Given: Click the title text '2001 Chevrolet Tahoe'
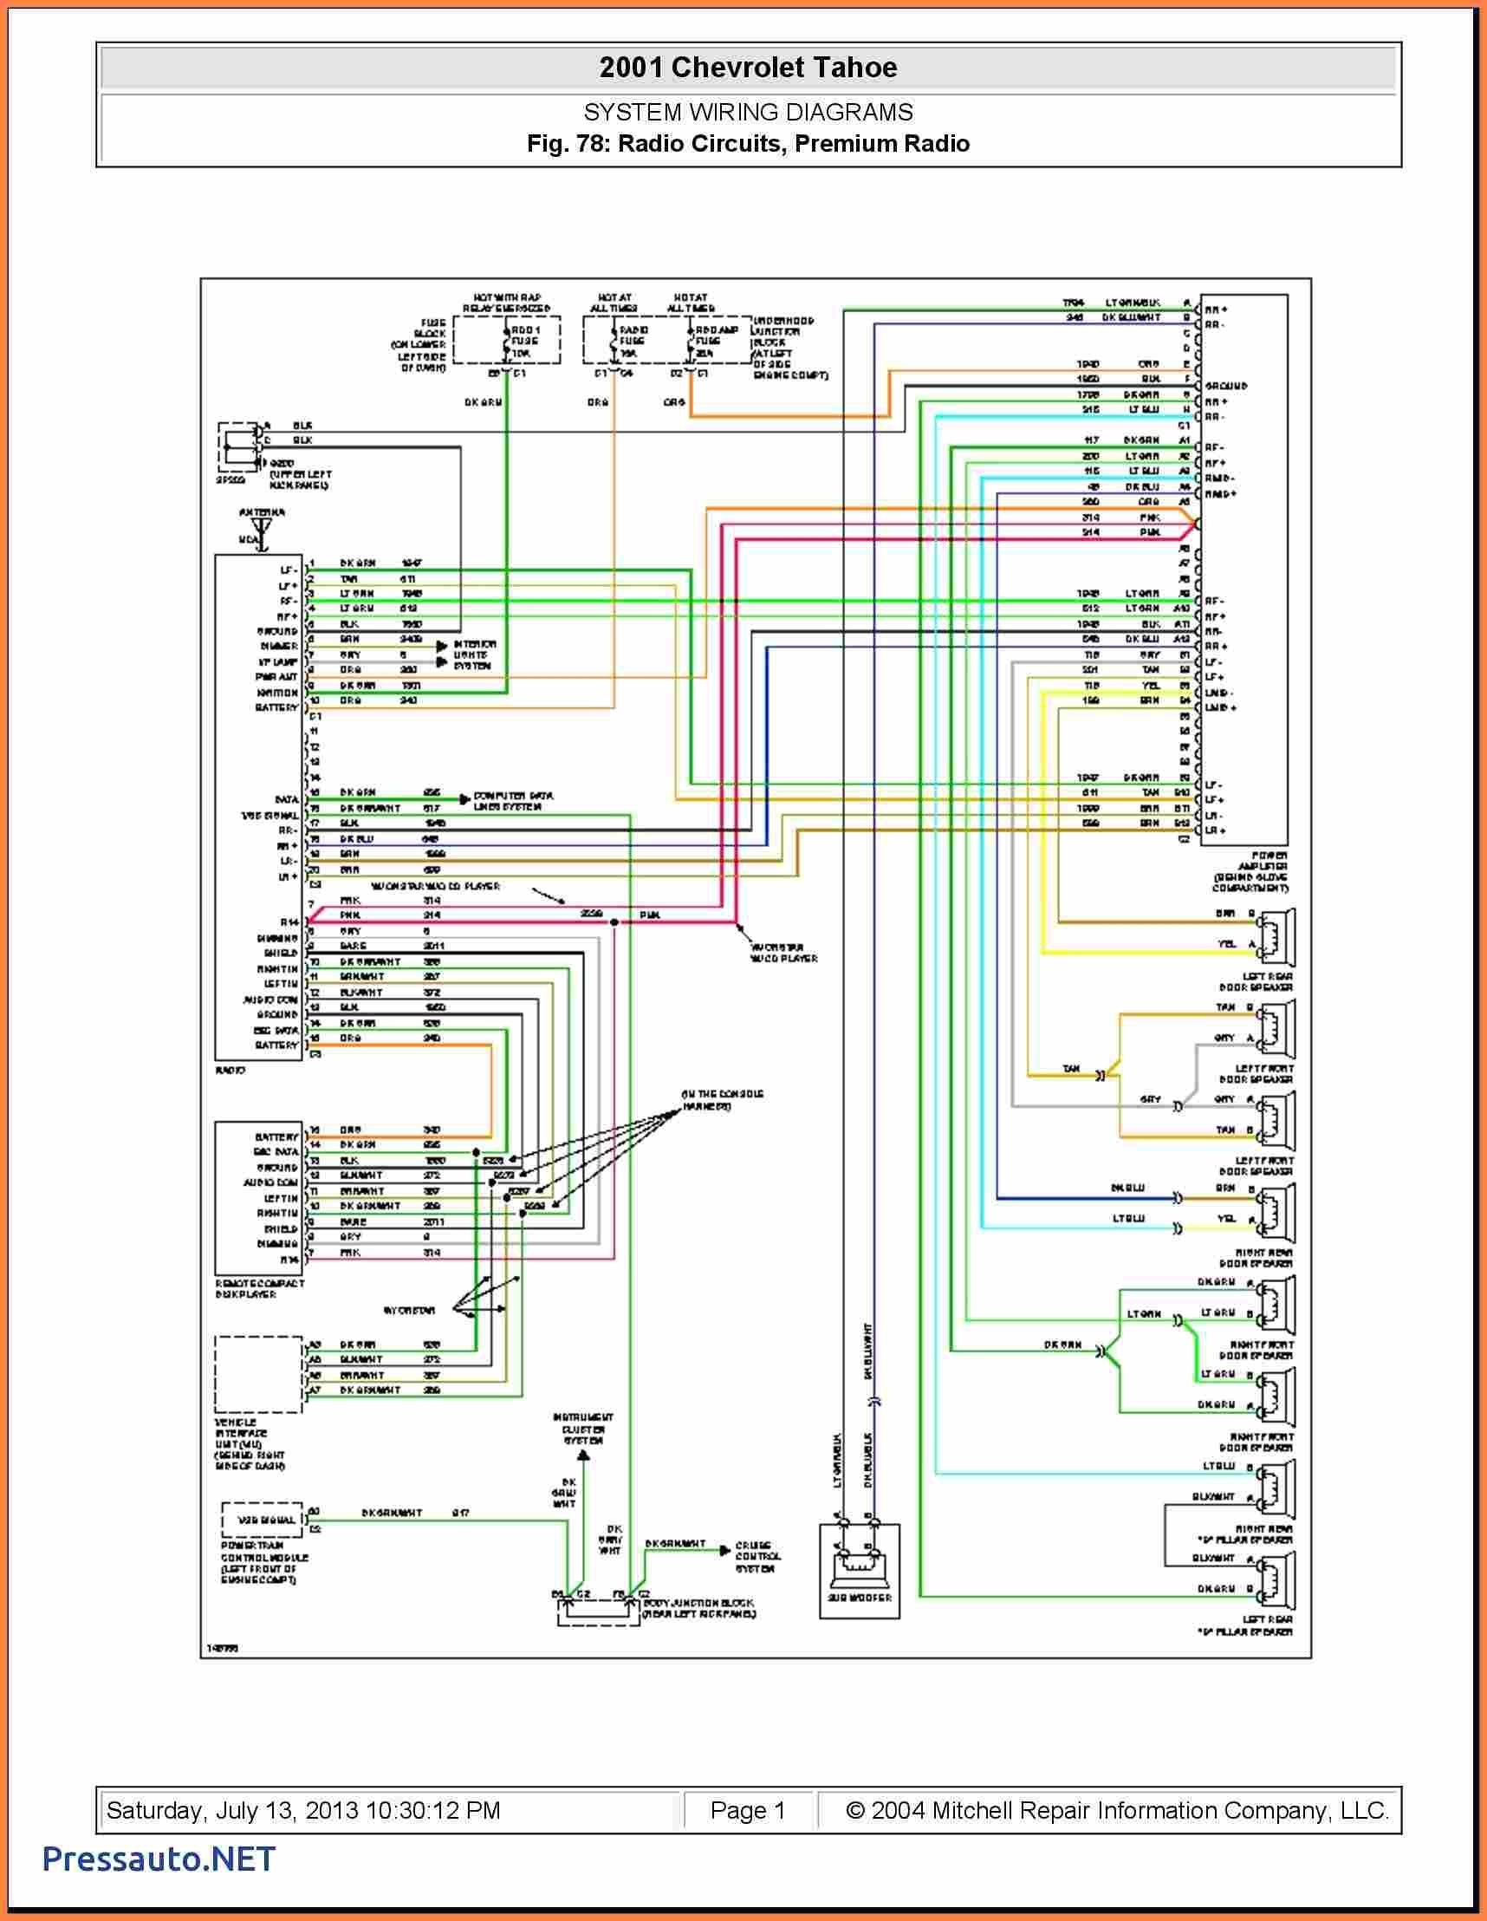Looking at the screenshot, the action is click(749, 68).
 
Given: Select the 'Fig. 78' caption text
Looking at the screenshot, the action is click(749, 143).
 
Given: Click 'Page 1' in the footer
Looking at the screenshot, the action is click(748, 1809).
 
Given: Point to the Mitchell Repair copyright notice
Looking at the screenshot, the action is click(1117, 1809).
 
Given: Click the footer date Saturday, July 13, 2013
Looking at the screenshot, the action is click(303, 1809).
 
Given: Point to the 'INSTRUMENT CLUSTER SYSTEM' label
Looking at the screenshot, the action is click(583, 1429).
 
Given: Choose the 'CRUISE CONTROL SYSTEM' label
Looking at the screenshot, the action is click(756, 1557).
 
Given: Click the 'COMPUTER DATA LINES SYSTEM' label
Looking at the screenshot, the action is click(513, 800).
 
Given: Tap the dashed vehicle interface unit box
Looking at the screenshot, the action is click(259, 1373).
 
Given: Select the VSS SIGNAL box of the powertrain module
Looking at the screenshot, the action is click(261, 1520).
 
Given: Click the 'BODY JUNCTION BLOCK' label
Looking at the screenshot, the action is click(698, 1609).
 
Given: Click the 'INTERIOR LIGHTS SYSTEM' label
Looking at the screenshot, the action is click(476, 655).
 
